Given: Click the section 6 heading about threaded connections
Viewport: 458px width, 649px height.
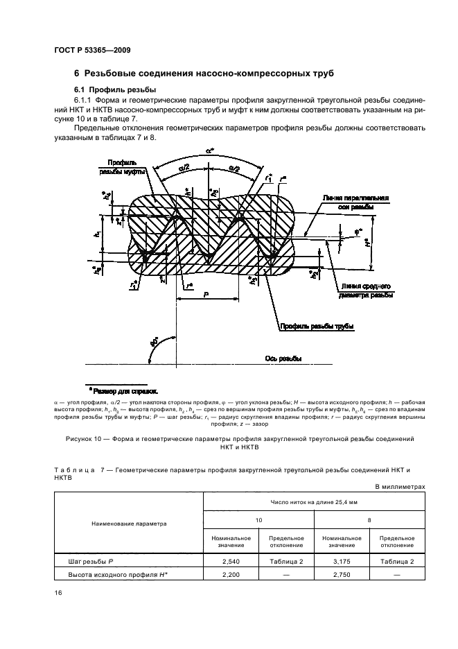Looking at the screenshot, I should tap(204, 73).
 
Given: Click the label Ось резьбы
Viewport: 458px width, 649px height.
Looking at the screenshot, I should tap(283, 358).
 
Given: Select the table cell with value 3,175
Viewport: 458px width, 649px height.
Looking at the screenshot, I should tap(339, 562).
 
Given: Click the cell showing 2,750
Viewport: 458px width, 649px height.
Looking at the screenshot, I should tap(339, 576).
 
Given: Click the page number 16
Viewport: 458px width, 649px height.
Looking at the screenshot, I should tap(57, 592).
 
